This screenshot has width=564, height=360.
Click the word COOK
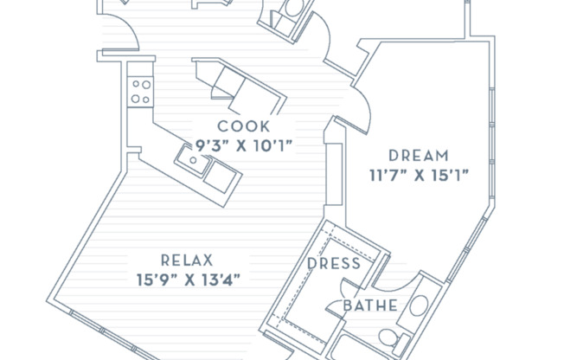coord(244,126)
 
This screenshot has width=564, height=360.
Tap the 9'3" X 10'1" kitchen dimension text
coord(244,145)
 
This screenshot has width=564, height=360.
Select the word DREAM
coord(419,156)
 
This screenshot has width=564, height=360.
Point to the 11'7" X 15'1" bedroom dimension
coord(420,176)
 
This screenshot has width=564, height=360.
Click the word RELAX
coord(187,260)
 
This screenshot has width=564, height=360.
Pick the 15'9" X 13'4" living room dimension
coord(188,280)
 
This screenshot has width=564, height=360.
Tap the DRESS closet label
coord(334,264)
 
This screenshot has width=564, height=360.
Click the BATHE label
coord(370,305)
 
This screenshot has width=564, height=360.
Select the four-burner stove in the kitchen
coord(140,92)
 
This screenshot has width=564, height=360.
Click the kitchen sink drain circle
coord(193,160)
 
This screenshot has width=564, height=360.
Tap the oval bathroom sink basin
coord(419,306)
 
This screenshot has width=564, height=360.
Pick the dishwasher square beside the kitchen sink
coord(221,177)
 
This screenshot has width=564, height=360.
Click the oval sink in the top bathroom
coord(293,7)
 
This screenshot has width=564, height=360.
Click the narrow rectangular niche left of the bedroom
coord(334,174)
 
